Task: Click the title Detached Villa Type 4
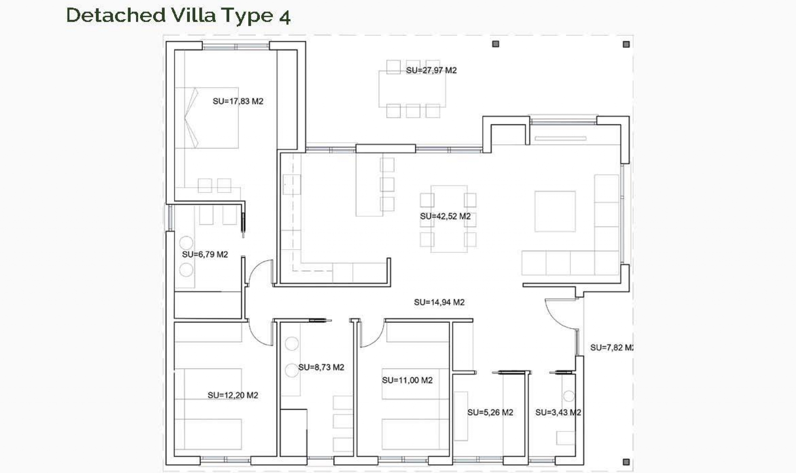pos(178,15)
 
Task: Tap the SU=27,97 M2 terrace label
pos(431,71)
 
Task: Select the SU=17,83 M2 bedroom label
pos(238,101)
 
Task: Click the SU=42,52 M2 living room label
pos(445,216)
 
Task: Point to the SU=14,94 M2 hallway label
pos(439,302)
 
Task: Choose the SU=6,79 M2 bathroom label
pos(205,254)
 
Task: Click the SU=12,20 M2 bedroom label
pos(233,395)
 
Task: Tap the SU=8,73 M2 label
pos(321,367)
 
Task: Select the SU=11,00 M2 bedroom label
pos(407,380)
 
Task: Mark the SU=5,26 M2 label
pos(490,412)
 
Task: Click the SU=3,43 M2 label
pos(558,412)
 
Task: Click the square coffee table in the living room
pos(555,211)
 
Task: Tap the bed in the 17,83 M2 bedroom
pos(207,117)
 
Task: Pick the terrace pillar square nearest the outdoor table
pos(495,44)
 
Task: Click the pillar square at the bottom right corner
pos(626,462)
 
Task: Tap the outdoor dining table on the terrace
pos(412,89)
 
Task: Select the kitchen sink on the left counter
pos(292,185)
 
